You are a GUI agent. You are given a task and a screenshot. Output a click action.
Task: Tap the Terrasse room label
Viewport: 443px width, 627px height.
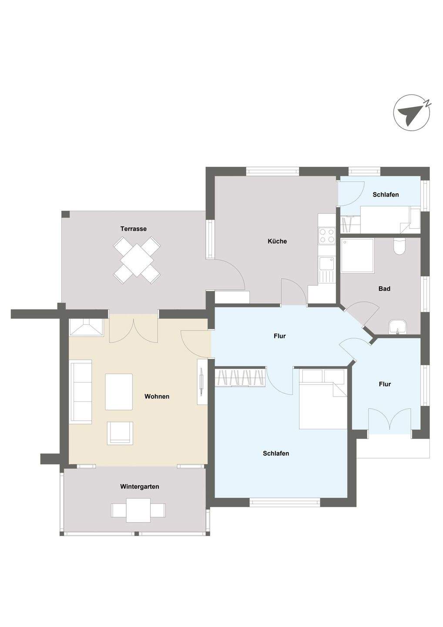[x=134, y=229]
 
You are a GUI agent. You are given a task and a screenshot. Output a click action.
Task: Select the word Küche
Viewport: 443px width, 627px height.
[x=277, y=241]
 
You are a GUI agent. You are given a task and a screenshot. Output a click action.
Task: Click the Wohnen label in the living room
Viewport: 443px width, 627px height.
[x=157, y=396]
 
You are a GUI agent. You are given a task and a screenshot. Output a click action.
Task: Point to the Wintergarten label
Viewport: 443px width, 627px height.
[x=140, y=486]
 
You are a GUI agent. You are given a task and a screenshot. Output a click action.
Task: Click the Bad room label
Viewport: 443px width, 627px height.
[x=384, y=289]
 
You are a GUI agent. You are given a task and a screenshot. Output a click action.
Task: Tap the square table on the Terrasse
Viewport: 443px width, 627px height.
[x=137, y=260]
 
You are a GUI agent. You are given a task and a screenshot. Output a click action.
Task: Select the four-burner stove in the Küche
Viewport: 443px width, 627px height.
[x=327, y=236]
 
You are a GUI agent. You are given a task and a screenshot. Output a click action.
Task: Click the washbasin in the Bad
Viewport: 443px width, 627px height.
[x=397, y=327]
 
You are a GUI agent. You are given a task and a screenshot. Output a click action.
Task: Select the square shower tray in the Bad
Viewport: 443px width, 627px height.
[x=357, y=256]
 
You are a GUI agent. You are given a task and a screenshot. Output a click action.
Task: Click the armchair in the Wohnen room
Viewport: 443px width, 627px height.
[x=120, y=433]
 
